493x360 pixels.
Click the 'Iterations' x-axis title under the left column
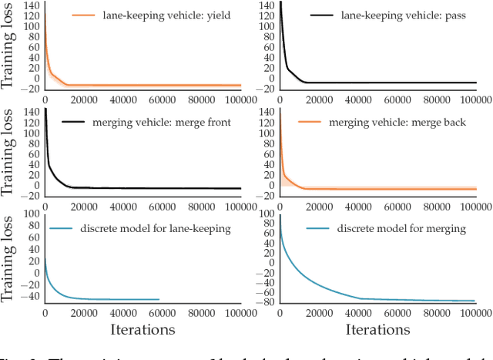point(143,329)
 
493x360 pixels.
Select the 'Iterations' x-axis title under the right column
point(377,329)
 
